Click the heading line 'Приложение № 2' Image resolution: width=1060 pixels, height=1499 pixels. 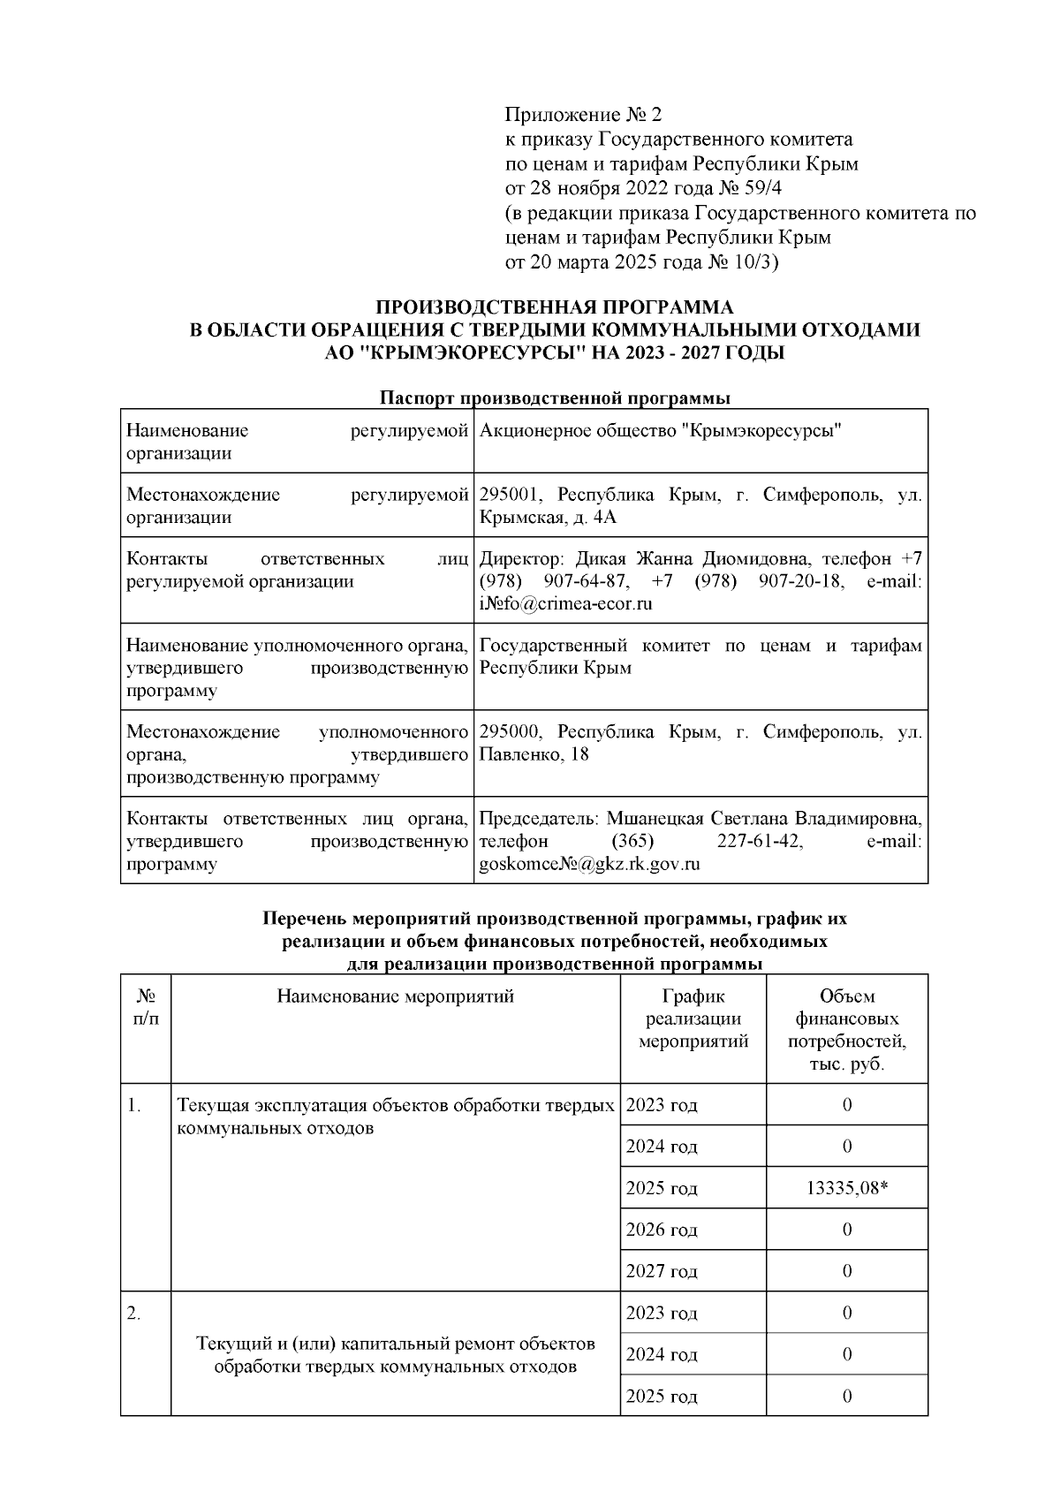point(582,115)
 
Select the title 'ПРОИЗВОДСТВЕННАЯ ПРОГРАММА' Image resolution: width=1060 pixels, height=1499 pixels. point(555,308)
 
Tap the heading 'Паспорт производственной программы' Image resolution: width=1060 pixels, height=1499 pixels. point(555,398)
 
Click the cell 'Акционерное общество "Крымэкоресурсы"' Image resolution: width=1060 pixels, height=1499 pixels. point(659,431)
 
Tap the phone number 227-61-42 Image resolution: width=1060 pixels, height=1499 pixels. point(760,841)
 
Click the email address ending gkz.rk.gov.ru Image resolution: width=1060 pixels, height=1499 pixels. point(589,864)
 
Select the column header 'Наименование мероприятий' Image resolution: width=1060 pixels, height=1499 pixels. point(395,997)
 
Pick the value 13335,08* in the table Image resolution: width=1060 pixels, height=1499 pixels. point(846,1188)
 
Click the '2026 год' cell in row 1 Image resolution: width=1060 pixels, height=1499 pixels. point(662,1230)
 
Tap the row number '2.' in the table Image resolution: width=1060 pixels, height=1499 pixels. point(133,1314)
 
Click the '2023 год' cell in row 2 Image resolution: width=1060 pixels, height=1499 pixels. point(662,1313)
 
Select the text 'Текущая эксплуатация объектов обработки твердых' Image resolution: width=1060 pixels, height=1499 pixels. point(395,1106)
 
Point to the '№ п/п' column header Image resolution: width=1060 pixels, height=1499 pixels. point(146,1008)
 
